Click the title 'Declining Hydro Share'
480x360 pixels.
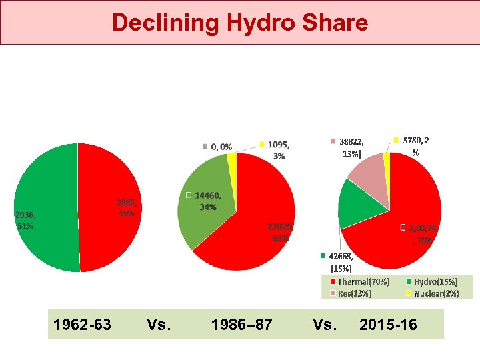click(239, 23)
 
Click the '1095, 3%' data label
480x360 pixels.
click(278, 150)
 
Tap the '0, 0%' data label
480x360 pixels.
click(221, 146)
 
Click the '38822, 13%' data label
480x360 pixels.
click(351, 147)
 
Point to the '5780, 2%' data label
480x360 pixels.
click(415, 146)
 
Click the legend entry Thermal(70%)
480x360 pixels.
click(363, 282)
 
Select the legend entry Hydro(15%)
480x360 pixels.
click(435, 282)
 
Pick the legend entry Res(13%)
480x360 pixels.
click(355, 293)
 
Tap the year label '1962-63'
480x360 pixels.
click(83, 325)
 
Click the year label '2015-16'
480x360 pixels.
click(388, 325)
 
